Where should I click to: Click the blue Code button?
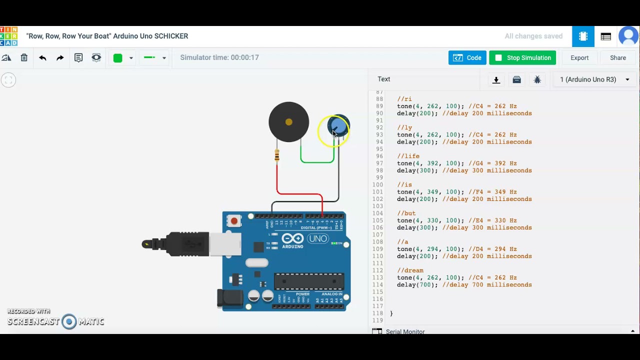coord(467,58)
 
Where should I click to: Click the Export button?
coord(579,58)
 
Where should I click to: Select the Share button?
coord(617,58)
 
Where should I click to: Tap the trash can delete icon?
coord(24,58)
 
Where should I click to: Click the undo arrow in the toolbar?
coord(42,58)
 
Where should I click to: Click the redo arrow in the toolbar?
coord(60,58)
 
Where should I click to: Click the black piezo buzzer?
coord(288,122)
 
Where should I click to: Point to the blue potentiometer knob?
coord(338,126)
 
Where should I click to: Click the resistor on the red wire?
coord(277,156)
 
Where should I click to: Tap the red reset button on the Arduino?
coord(234,220)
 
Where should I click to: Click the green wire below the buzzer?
coord(317,162)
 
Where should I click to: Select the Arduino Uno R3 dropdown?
coord(594,79)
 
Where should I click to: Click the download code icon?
coord(496,80)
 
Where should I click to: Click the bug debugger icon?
coord(537,80)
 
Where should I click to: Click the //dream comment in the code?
coord(410,270)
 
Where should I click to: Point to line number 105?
coord(377,220)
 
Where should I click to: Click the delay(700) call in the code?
coord(417,285)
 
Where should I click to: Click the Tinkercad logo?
coord(9,36)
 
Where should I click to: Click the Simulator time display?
coord(219,58)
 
